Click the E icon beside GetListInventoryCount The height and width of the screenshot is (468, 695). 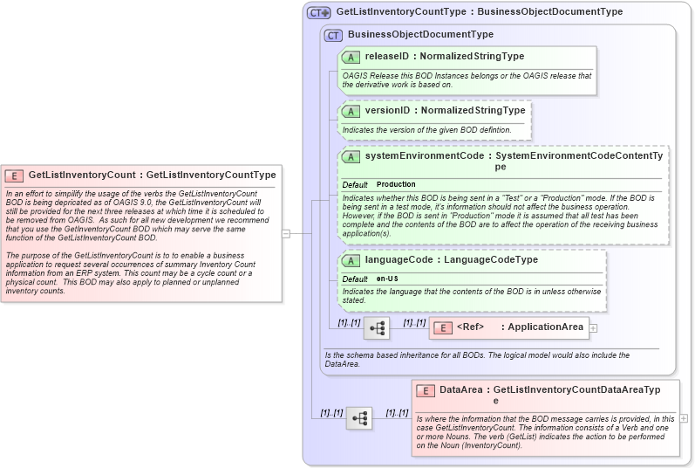(x=14, y=175)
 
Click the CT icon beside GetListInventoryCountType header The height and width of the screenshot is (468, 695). (x=319, y=13)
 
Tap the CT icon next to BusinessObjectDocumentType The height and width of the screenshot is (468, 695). (x=333, y=35)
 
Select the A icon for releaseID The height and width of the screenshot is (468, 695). (x=351, y=57)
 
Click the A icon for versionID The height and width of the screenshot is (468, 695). (x=351, y=111)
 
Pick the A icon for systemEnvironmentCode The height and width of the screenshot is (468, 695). (x=351, y=156)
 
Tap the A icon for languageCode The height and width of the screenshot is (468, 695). (x=351, y=260)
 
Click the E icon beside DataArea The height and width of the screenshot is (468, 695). (x=426, y=390)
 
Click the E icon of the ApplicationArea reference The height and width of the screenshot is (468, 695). (x=442, y=327)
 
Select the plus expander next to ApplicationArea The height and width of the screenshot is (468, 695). (x=593, y=327)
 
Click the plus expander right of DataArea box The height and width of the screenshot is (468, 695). (x=684, y=418)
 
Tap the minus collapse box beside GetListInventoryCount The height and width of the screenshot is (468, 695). (x=285, y=233)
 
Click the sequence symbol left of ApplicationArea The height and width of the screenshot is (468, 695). (x=377, y=328)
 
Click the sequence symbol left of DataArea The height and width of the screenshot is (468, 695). (x=358, y=418)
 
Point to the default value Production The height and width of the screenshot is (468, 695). (x=396, y=185)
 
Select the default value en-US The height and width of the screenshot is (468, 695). (x=388, y=279)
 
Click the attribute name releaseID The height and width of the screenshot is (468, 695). (x=387, y=57)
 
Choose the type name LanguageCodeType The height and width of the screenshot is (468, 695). (x=491, y=260)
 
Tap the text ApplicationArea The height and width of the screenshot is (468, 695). (x=545, y=327)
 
